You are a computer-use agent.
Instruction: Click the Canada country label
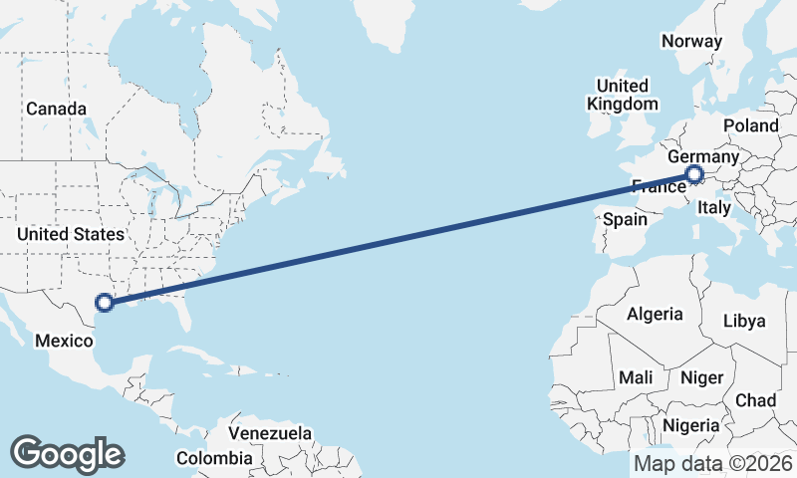point(57,109)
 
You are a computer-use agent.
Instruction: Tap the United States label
point(71,235)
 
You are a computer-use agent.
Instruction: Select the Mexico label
point(64,342)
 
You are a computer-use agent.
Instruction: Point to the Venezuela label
point(270,434)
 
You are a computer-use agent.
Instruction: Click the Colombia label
point(214,458)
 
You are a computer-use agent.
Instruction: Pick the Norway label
point(691,42)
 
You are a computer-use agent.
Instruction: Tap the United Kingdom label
point(623,95)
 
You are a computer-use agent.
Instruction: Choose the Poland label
point(751,125)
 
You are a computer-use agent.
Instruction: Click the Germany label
point(703,157)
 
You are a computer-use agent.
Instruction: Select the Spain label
point(626,218)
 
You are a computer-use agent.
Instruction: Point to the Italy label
point(714,208)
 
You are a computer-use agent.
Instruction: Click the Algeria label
point(655,315)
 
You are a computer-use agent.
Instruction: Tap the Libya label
point(744,321)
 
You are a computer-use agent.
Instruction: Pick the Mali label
point(636,378)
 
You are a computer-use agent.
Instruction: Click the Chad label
point(755,400)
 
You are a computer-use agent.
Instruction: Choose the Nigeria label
point(690,426)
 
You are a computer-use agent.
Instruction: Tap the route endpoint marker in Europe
point(694,177)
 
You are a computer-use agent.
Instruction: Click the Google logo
point(67,453)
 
